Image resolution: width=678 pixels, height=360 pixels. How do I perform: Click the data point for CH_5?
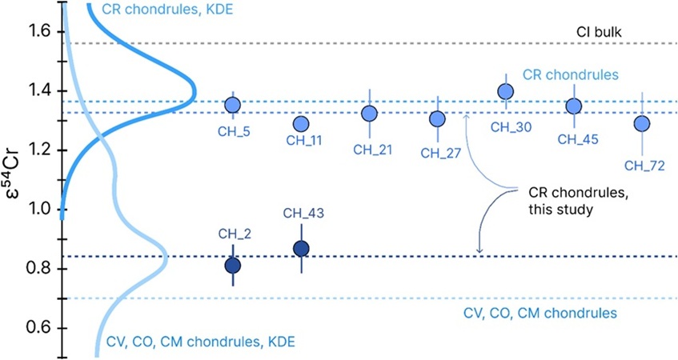[x=233, y=105]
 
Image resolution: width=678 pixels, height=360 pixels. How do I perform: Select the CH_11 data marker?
[x=301, y=124]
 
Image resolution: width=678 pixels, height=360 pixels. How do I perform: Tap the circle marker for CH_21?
[x=369, y=114]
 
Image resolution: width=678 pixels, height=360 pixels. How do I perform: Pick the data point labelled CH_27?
[x=437, y=119]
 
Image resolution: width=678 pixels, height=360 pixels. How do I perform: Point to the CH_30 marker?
[x=505, y=91]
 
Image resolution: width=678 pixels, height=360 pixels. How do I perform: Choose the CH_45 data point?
[x=573, y=106]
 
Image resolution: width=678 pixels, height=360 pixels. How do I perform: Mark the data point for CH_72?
[x=641, y=123]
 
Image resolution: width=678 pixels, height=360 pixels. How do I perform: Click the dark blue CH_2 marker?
[x=233, y=265]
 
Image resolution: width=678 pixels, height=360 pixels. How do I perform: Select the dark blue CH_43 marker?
[x=301, y=249]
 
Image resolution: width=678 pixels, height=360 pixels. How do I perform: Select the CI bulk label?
[x=600, y=32]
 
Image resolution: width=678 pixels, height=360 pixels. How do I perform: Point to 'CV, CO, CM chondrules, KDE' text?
[x=200, y=342]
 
